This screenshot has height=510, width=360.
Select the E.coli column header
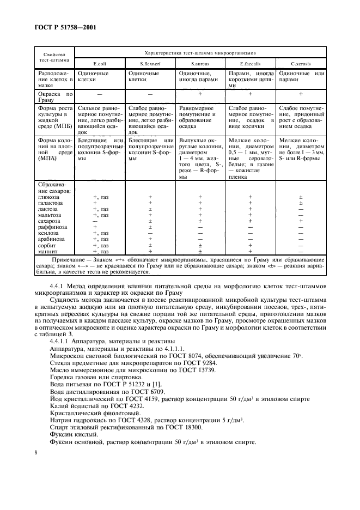99,64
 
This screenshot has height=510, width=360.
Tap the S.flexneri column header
149,64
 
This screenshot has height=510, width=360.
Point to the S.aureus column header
200,64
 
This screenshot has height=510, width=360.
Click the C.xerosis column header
301,64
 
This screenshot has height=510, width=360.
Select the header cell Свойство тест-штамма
54,58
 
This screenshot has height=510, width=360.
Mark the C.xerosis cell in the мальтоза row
301,215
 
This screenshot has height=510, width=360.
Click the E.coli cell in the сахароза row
95,221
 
